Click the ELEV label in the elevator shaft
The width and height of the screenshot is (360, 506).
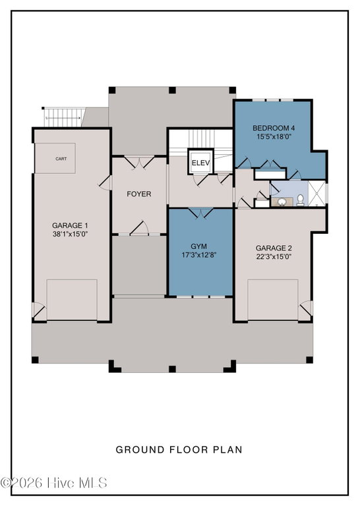(200, 163)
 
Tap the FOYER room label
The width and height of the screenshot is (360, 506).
(139, 194)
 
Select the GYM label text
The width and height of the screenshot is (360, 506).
(198, 246)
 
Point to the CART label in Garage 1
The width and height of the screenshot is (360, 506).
(61, 159)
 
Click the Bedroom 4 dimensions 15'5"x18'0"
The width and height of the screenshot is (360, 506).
(274, 136)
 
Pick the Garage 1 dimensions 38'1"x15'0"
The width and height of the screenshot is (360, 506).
(71, 234)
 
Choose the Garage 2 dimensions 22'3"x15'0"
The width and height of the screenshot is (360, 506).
(274, 256)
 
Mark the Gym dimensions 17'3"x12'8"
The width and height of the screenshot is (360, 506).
(198, 255)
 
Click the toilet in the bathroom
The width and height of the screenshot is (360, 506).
(300, 200)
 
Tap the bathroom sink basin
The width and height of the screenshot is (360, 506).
(282, 202)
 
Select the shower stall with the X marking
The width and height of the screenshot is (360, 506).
(316, 193)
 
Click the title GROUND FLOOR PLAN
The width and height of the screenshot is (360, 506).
(179, 449)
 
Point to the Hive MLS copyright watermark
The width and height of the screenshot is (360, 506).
(53, 483)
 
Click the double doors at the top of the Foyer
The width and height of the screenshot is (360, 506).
(139, 162)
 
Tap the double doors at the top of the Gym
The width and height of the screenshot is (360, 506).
(201, 213)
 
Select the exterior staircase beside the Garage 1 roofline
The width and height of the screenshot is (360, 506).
(63, 117)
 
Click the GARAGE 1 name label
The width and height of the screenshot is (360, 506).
(70, 225)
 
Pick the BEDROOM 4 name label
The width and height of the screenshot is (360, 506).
(274, 128)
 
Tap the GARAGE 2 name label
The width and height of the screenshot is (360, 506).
(274, 248)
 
